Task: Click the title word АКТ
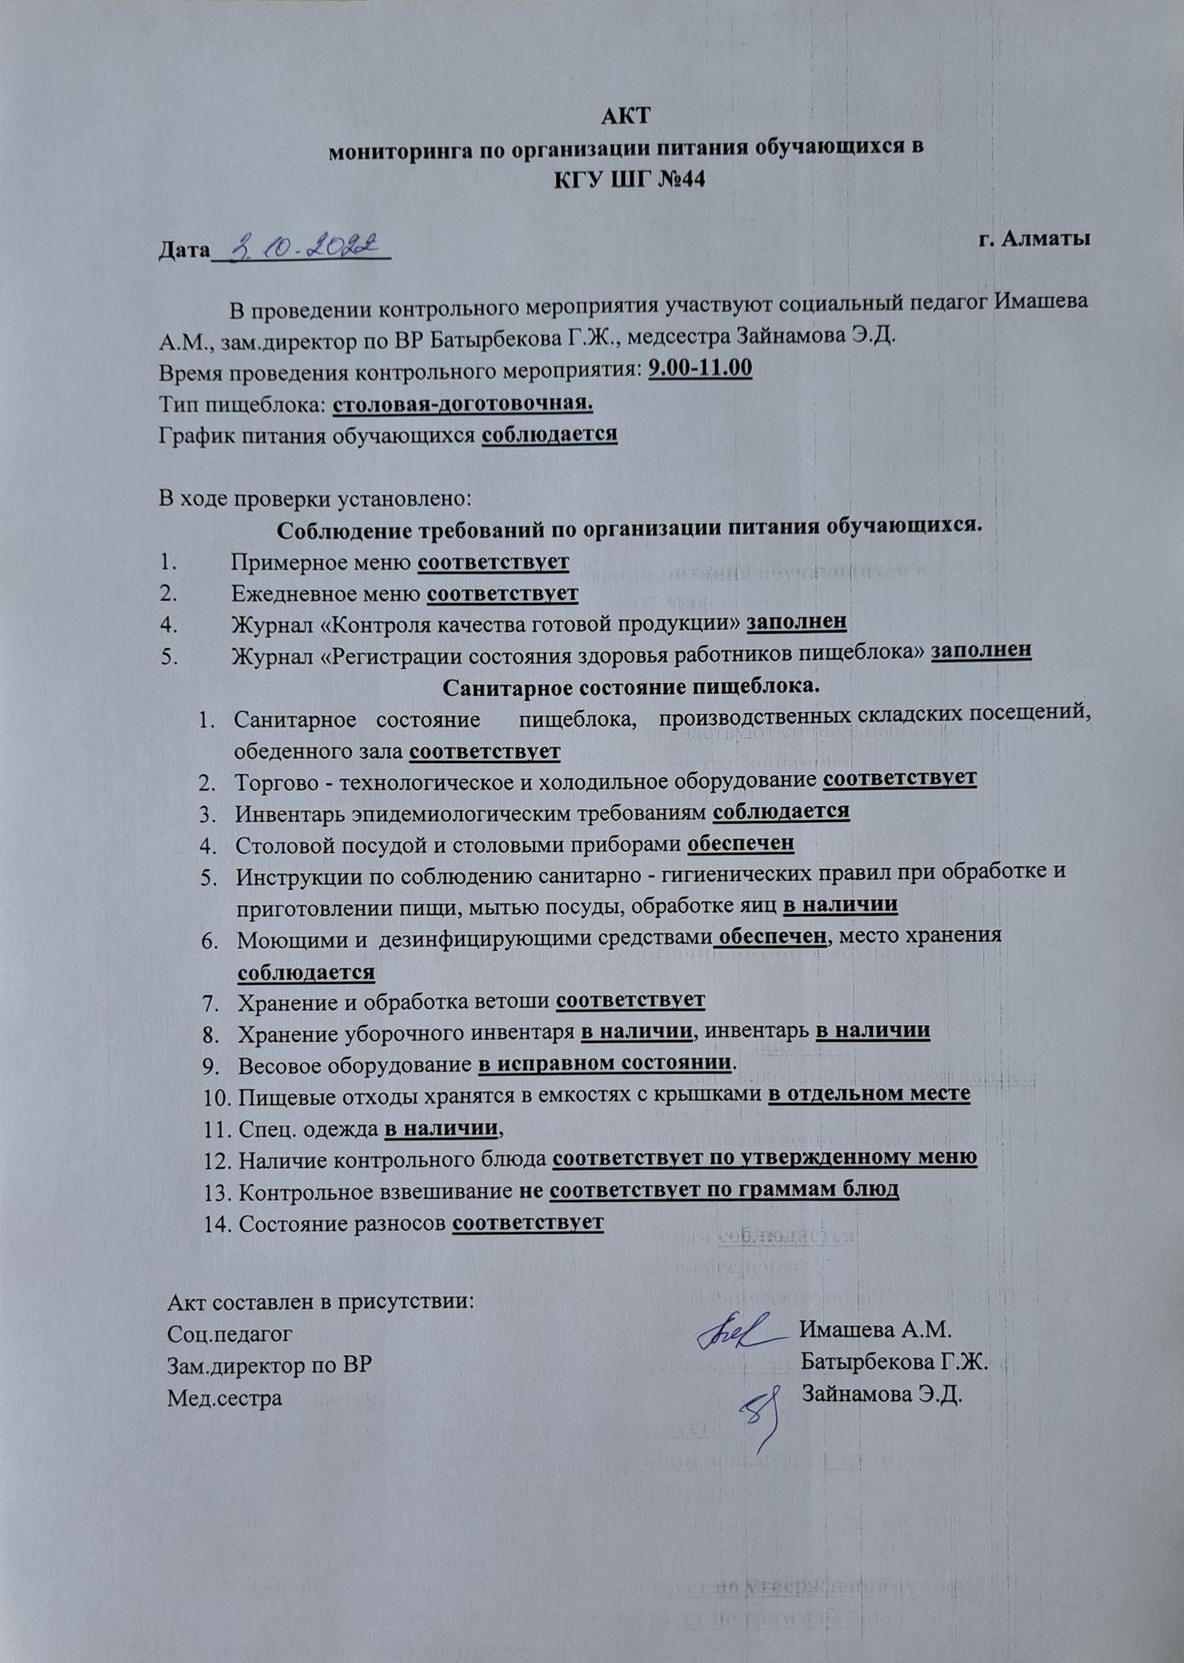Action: (626, 116)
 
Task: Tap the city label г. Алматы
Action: (1033, 239)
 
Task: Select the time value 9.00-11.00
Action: (700, 369)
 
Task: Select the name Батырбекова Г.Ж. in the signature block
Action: (893, 1362)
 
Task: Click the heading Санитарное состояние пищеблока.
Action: (631, 685)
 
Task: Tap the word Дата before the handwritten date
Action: (183, 251)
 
